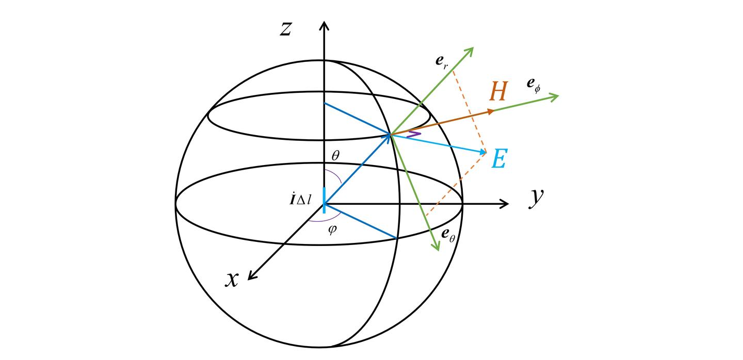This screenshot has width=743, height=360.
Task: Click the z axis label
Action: point(286,29)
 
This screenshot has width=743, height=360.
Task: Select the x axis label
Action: point(232,280)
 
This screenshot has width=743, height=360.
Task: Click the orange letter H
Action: point(498,91)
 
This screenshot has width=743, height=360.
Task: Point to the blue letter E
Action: point(500,159)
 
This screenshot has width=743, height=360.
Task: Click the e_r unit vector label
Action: point(442,62)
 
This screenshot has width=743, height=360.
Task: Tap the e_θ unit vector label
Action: point(448,235)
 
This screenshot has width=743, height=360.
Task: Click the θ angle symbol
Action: point(336,155)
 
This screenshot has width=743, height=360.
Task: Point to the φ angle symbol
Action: point(332,230)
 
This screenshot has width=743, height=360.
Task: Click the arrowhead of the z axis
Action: point(324,25)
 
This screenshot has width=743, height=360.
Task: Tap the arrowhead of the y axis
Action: point(504,204)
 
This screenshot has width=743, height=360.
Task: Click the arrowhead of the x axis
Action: point(252,275)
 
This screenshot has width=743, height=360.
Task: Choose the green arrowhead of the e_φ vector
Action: point(554,97)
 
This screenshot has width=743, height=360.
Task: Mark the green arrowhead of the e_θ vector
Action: point(436,246)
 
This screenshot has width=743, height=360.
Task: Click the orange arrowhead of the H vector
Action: point(491,112)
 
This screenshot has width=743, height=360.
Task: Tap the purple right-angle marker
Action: point(414,134)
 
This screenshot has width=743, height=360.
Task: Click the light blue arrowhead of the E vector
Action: point(483,152)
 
